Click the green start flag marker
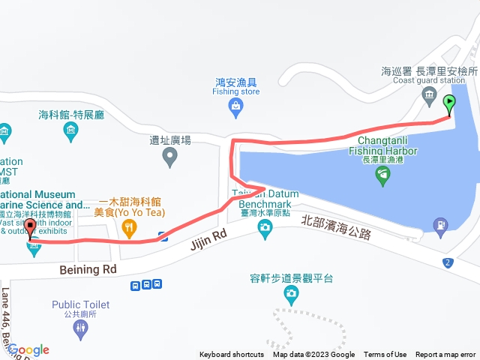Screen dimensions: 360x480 449,103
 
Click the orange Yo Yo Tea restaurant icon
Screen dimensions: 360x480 130,226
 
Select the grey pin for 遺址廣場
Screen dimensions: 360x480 169,157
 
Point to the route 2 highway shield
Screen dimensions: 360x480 448,262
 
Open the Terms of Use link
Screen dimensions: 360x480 385,355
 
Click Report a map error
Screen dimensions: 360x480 445,355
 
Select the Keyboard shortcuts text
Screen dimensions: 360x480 231,355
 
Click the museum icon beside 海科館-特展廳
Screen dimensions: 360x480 70,132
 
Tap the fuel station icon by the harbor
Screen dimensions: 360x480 439,223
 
